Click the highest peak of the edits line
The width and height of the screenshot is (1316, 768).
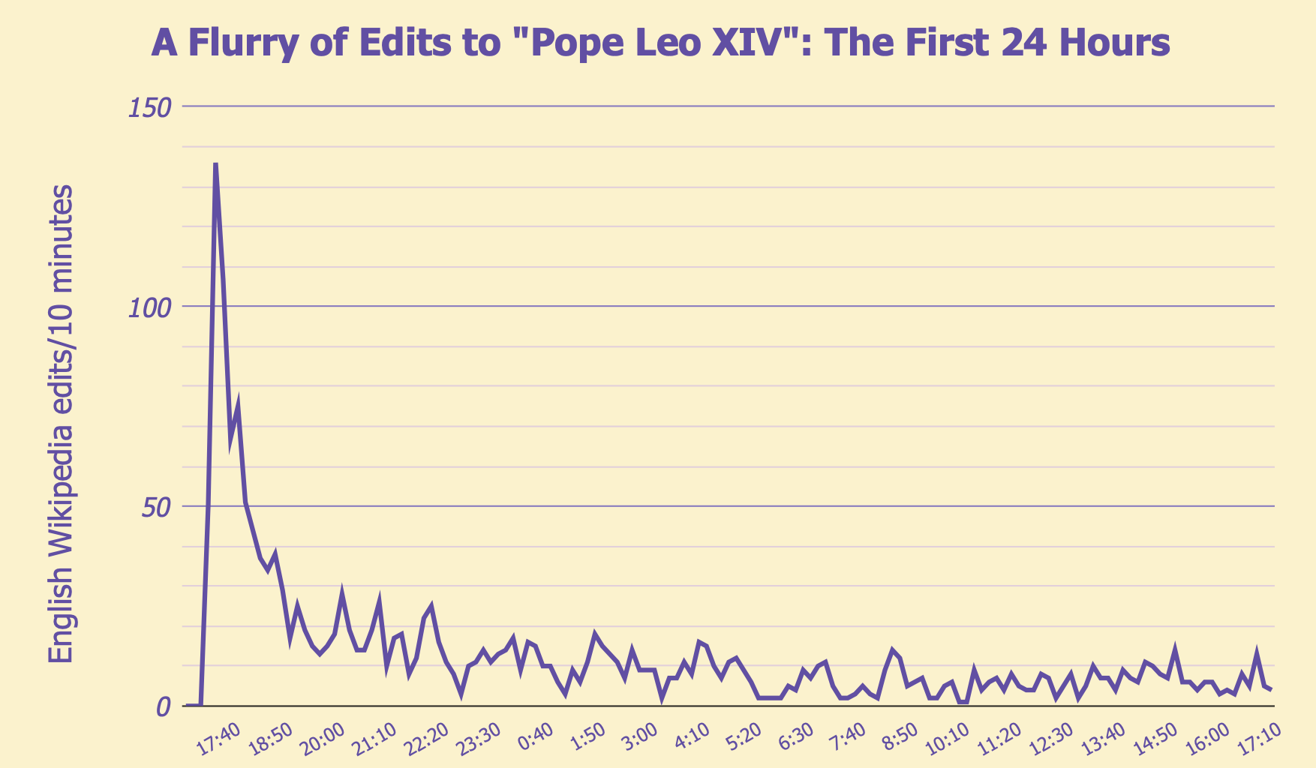point(215,164)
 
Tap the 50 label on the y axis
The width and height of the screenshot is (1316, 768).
point(156,507)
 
